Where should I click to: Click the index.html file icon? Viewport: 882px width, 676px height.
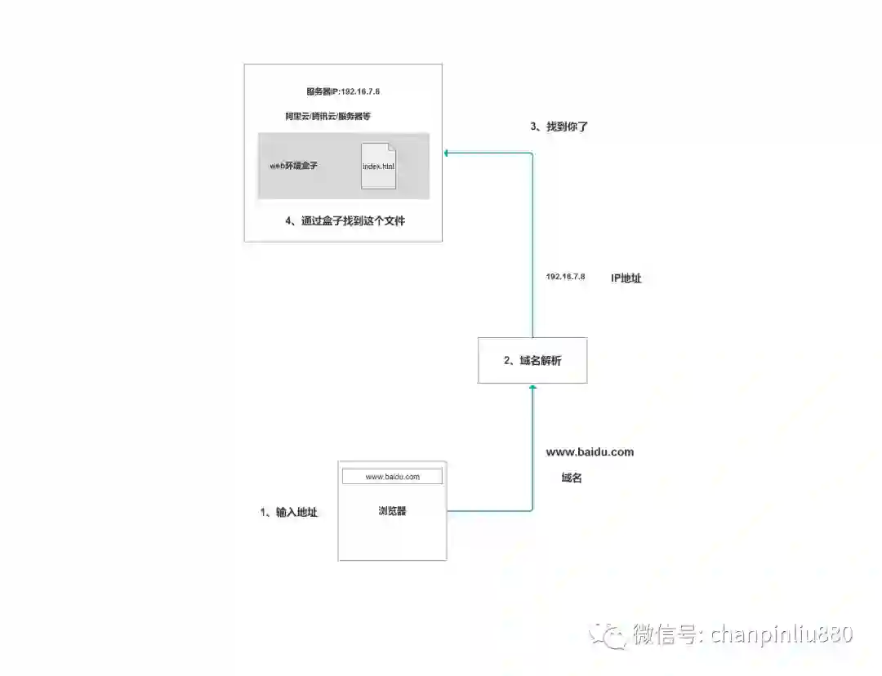point(379,166)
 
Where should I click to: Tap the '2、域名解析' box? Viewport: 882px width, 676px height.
point(532,360)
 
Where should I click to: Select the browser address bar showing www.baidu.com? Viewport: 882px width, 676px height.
point(392,476)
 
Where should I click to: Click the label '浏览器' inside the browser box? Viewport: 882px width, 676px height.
point(392,511)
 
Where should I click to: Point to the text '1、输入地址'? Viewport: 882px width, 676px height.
point(289,512)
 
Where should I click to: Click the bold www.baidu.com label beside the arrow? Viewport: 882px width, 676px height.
point(590,451)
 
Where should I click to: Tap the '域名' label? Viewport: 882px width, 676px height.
point(572,478)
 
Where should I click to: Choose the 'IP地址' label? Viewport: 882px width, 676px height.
point(626,278)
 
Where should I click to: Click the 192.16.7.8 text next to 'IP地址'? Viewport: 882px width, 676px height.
point(565,278)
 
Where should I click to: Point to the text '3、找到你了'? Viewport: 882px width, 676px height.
point(559,127)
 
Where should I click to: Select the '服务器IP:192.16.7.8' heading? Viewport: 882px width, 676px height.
point(343,91)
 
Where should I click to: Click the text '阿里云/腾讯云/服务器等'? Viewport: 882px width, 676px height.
point(328,117)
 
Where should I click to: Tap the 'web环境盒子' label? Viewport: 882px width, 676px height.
point(294,166)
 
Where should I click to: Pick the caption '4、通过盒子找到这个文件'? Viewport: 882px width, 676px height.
point(345,220)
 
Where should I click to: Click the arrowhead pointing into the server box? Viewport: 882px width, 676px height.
point(447,152)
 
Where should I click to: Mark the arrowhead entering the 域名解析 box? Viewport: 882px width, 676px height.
point(532,387)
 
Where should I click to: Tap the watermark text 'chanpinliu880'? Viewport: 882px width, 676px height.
point(782,634)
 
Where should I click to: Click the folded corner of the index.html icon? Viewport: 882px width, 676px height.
point(390,146)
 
